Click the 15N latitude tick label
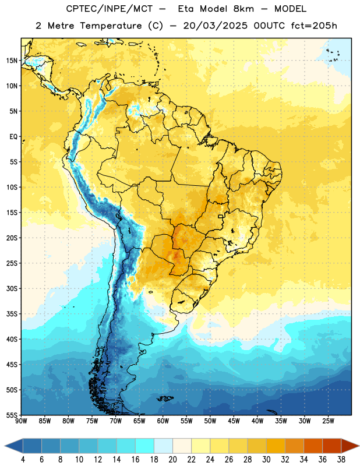(x=12, y=61)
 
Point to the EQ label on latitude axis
(x=13, y=137)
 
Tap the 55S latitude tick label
(x=12, y=415)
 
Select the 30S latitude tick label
(x=12, y=288)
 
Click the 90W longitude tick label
(x=21, y=421)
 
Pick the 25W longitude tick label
(x=328, y=421)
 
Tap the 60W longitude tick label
(x=163, y=421)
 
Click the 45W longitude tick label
(x=234, y=421)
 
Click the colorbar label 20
(x=172, y=460)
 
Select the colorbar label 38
(x=341, y=460)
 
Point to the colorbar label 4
(x=23, y=460)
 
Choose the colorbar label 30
(x=266, y=460)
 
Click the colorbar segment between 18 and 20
(x=163, y=446)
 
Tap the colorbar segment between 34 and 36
(x=313, y=446)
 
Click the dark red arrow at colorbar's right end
(x=350, y=446)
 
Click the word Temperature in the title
(x=111, y=26)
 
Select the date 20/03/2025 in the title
(x=215, y=26)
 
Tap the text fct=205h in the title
(x=314, y=26)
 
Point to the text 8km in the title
(x=243, y=9)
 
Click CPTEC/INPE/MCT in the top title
(x=110, y=9)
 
